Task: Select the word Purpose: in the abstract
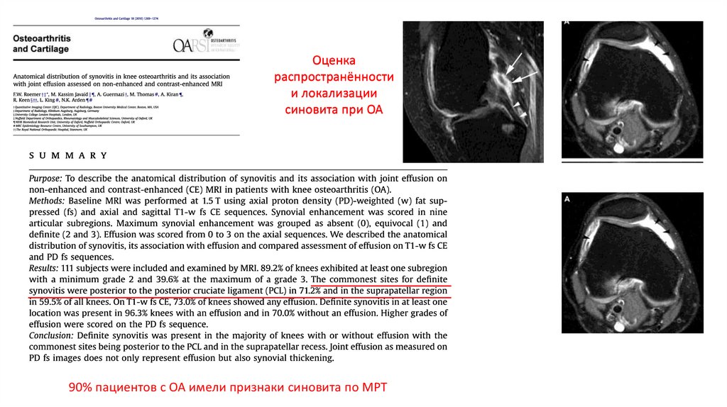(x=45, y=179)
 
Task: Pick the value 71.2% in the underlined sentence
(x=313, y=291)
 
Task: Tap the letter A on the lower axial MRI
(x=567, y=200)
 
